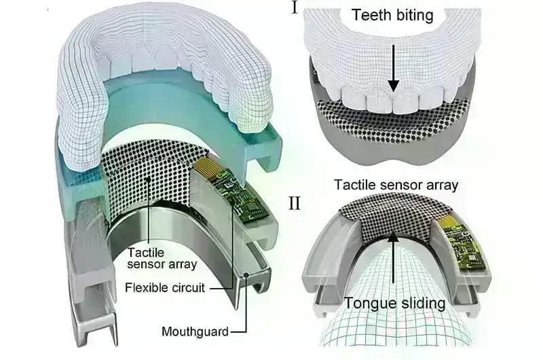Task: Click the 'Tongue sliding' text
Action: (394, 302)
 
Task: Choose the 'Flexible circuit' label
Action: (165, 287)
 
